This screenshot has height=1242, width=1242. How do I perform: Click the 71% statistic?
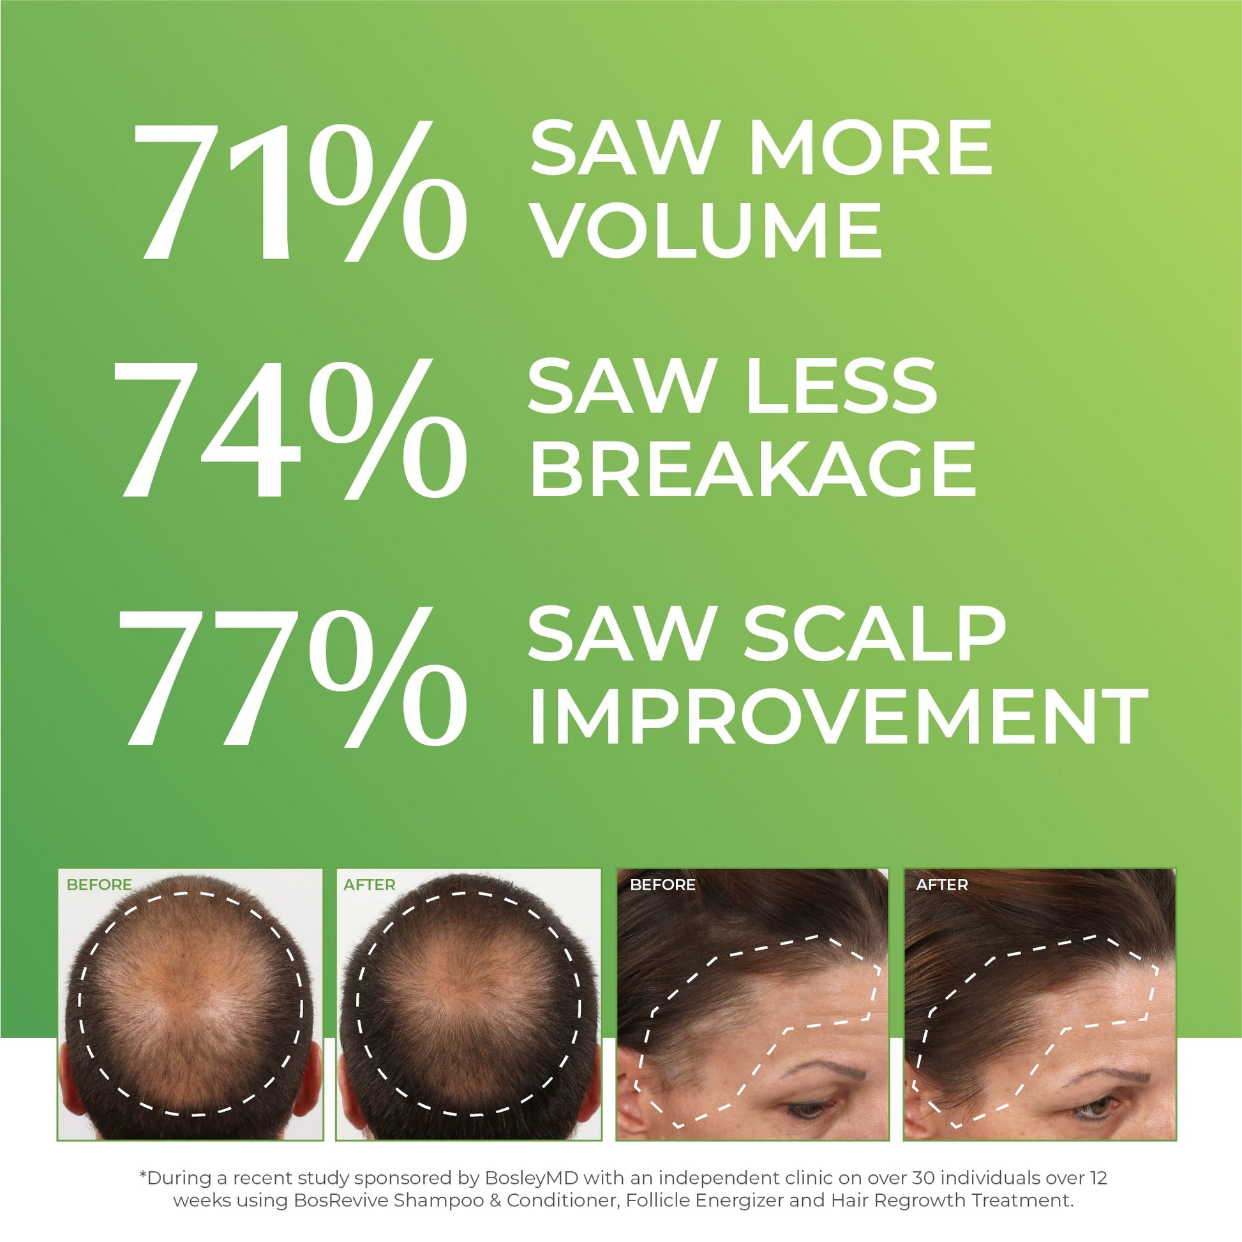pos(299,190)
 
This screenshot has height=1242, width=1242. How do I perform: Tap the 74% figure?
pos(289,430)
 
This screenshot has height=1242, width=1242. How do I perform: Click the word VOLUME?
pos(707,230)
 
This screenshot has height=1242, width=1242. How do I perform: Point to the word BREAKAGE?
pos(751,468)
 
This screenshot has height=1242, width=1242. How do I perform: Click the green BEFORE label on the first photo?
pos(99,885)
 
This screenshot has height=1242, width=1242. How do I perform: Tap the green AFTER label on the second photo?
pos(369,885)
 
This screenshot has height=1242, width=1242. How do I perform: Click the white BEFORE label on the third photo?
pos(662,885)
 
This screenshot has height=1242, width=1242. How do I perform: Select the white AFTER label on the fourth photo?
pos(941,885)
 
